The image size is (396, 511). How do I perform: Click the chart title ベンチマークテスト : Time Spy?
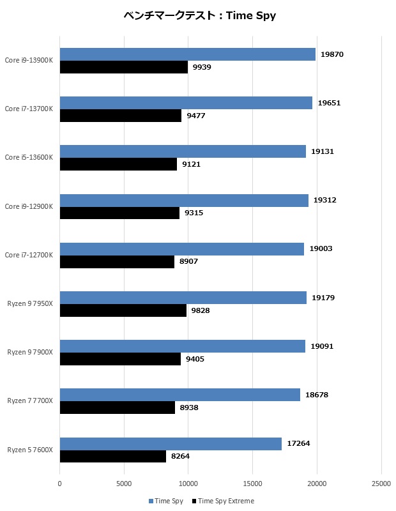199,16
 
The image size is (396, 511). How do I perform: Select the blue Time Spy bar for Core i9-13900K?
188,54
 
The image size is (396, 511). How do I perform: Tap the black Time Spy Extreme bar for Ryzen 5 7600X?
113,457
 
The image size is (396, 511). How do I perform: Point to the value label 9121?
191,164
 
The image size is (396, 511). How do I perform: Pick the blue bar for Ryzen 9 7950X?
183,298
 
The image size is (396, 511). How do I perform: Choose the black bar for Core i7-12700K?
117,262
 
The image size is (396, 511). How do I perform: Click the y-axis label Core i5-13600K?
29,157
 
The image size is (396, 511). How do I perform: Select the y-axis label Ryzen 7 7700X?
30,400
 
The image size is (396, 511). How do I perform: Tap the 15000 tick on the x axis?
252,484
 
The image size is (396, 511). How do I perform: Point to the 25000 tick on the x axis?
381,484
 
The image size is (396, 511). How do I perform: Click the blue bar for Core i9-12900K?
184,200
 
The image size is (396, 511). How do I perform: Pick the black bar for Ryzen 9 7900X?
120,359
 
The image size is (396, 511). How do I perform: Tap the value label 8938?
189,408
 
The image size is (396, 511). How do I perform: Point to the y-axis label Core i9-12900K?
29,206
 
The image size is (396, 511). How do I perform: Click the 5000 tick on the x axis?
124,484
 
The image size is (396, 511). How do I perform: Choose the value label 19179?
323,298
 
